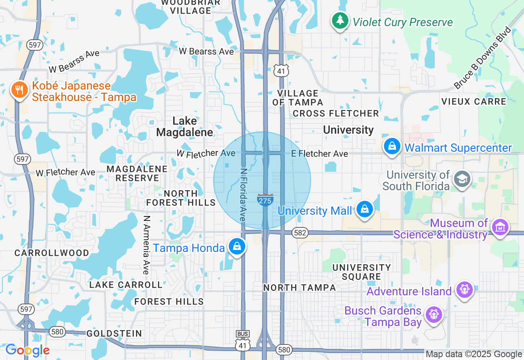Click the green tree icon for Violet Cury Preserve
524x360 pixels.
click(339, 20)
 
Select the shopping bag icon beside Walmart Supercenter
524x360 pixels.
click(392, 146)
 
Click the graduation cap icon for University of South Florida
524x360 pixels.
click(462, 179)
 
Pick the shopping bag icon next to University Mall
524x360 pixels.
click(364, 209)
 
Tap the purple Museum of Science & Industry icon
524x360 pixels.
click(500, 227)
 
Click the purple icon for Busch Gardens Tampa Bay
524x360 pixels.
click(434, 315)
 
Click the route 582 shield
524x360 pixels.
click(300, 233)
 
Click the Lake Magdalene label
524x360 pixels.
click(185, 126)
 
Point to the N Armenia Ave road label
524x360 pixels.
click(147, 245)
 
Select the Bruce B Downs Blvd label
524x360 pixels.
click(483, 58)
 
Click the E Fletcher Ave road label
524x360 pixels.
click(319, 154)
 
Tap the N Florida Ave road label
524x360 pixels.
click(243, 196)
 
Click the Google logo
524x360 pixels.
click(27, 351)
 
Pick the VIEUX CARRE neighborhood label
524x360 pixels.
click(474, 101)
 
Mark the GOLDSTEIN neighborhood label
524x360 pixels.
click(114, 333)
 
